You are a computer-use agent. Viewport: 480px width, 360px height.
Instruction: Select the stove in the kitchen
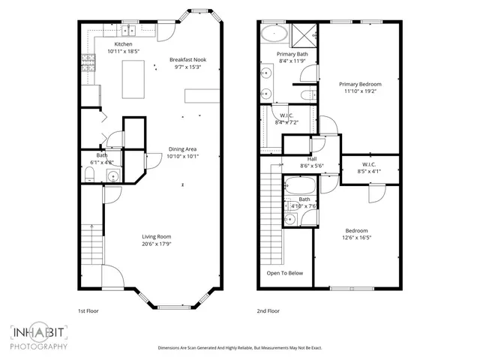89,63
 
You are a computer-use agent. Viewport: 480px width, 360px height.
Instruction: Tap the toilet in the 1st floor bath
89,175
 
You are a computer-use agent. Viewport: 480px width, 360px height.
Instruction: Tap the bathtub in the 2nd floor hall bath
301,185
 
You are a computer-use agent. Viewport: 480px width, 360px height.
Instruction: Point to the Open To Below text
285,273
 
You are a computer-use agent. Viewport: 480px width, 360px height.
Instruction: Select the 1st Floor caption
88,310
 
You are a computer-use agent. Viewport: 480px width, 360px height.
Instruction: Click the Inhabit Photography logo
39,338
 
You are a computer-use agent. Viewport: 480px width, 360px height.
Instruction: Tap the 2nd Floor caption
268,310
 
